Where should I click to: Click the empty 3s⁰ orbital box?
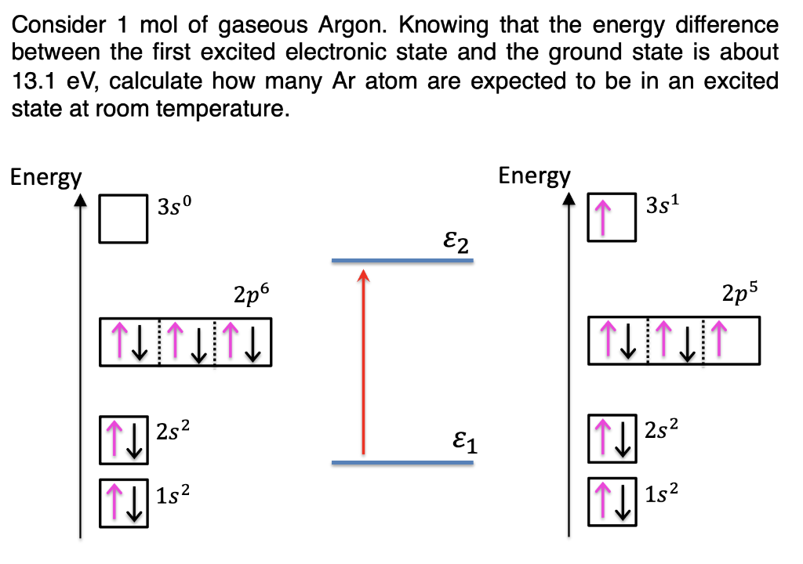[x=123, y=219]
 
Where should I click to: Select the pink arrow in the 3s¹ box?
[x=601, y=218]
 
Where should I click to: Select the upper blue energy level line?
[x=402, y=260]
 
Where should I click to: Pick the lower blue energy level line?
[x=402, y=462]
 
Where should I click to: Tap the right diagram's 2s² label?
[x=661, y=429]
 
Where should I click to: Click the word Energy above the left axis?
[x=45, y=178]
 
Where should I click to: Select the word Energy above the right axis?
[x=535, y=175]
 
